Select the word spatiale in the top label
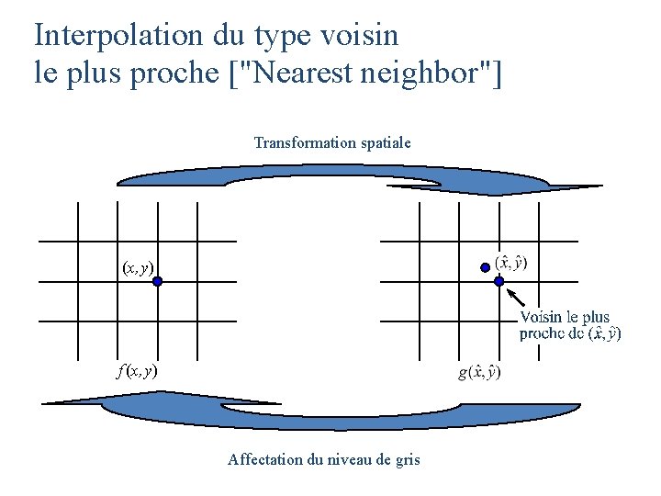coord(384,143)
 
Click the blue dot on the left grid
coord(158,282)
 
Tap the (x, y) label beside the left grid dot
coord(138,268)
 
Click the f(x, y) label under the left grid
coord(137,371)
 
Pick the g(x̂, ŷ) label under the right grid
coord(479,372)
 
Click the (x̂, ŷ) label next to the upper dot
coord(511,263)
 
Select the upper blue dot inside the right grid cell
coord(486,266)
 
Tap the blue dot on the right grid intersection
coord(499,282)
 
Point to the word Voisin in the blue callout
coord(541,318)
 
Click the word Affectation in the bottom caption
coord(263,459)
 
